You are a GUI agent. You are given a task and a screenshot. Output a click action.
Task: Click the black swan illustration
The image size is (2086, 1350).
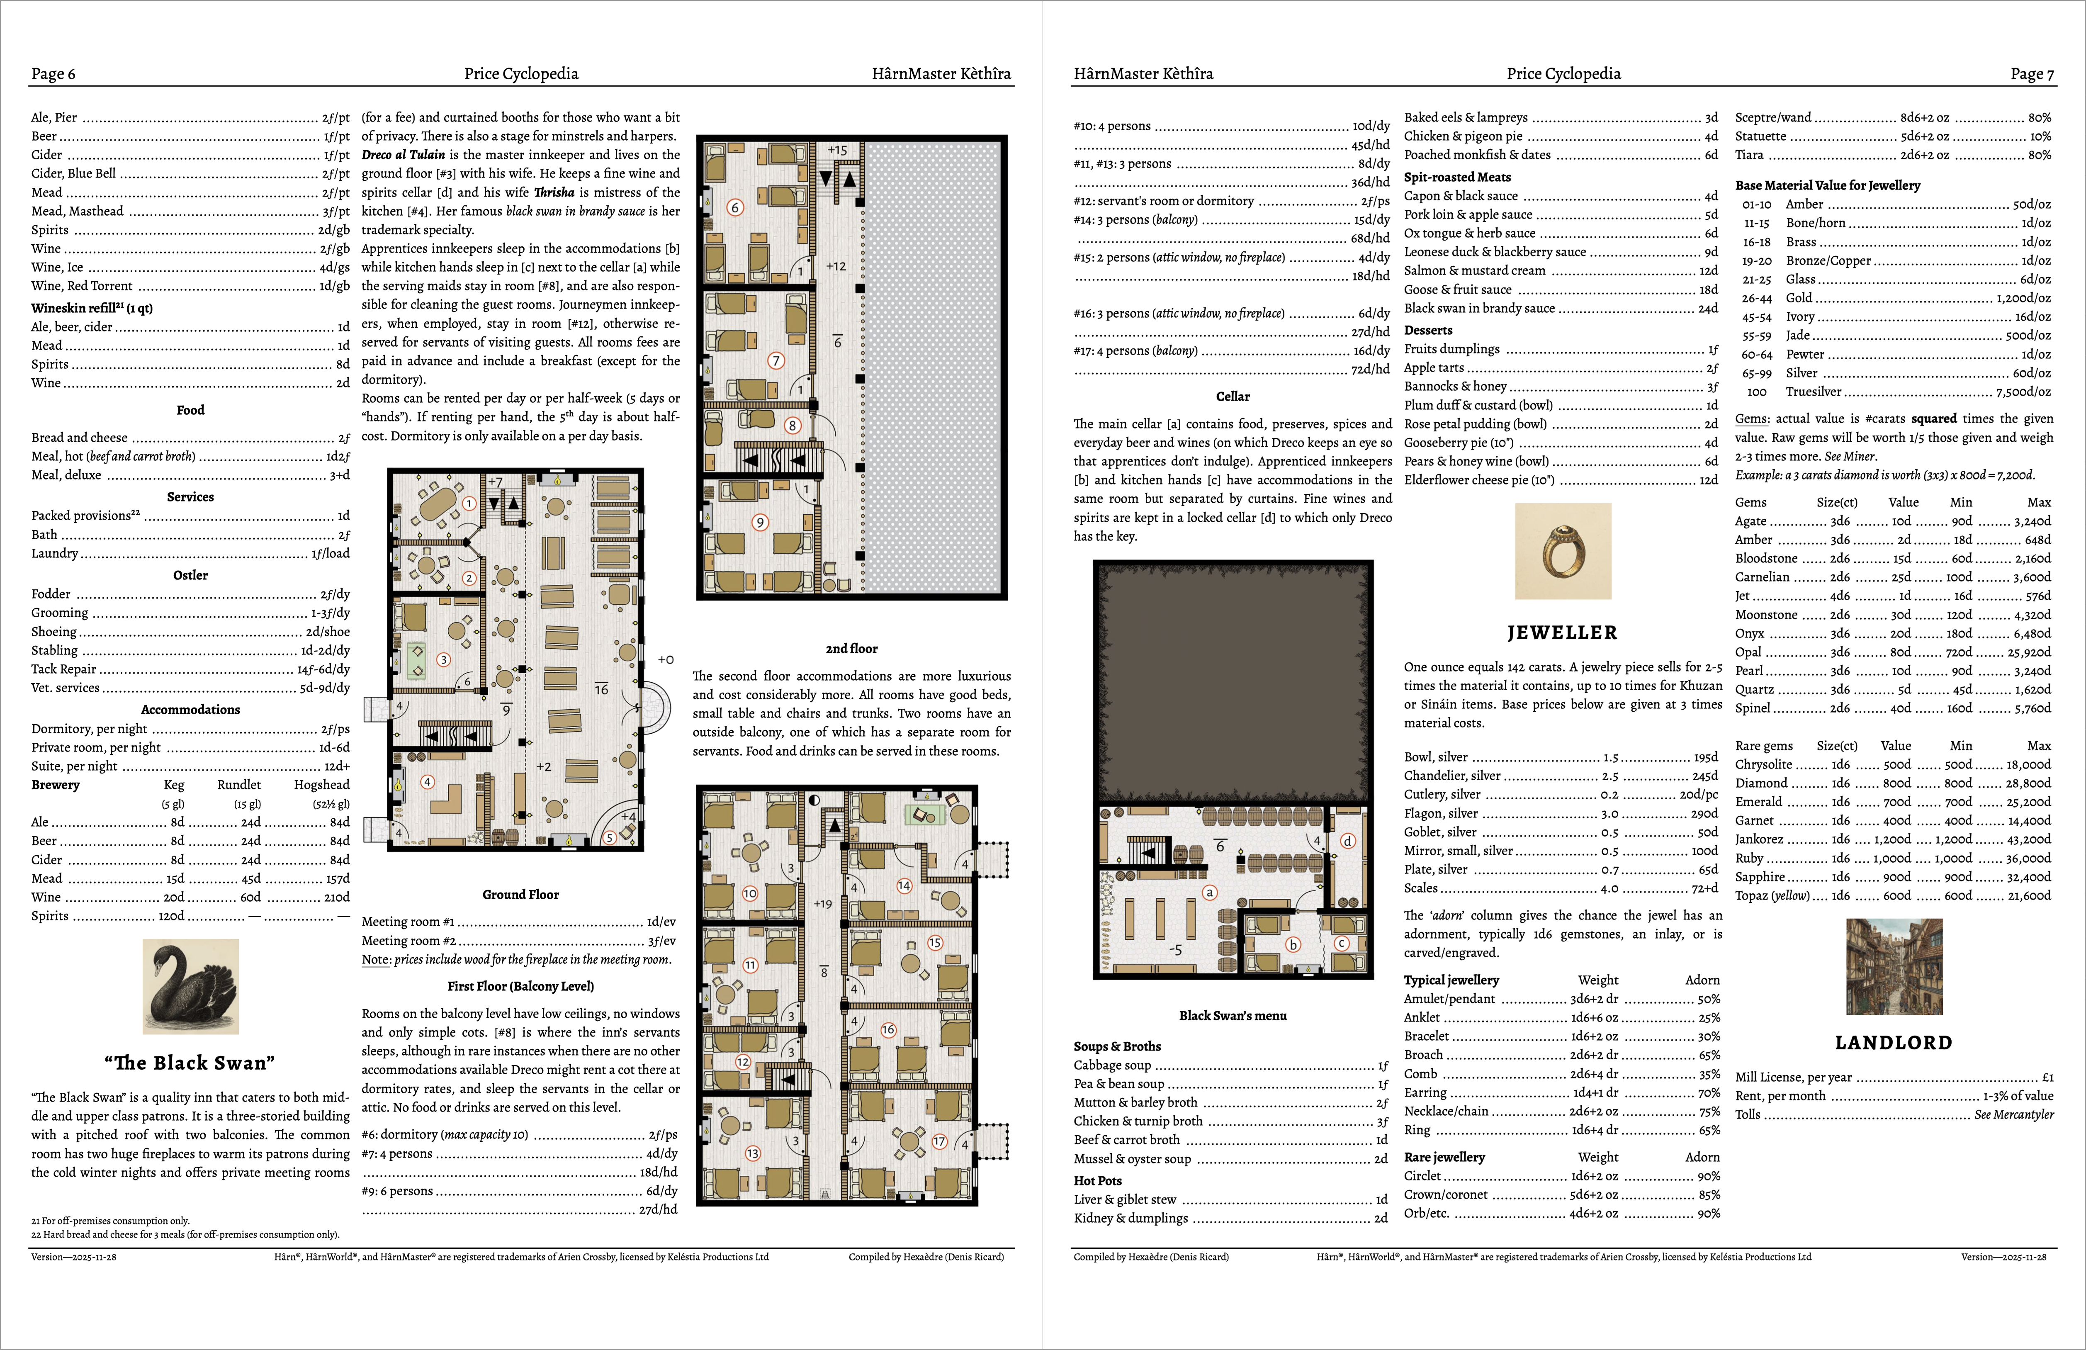point(190,986)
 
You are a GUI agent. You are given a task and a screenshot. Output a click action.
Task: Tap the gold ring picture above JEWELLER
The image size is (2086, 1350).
point(1563,551)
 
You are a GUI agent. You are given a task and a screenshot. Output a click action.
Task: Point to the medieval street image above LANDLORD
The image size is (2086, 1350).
point(1893,967)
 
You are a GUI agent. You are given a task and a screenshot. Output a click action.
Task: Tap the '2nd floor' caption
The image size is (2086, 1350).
point(851,649)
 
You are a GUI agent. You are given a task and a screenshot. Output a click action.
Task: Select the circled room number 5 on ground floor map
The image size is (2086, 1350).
point(609,837)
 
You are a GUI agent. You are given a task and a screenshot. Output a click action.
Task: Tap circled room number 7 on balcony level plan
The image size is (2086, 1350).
point(775,360)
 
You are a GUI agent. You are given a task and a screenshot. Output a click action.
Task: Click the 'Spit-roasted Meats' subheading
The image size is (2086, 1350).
point(1457,177)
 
